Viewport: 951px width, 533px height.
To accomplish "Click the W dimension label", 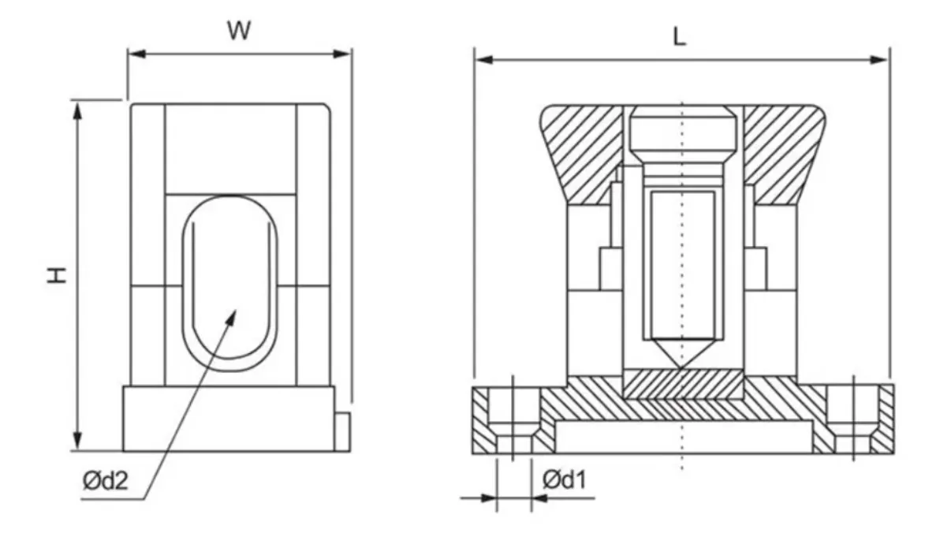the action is [x=239, y=30].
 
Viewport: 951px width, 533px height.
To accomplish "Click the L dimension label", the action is [x=679, y=36].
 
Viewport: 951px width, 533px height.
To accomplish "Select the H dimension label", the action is [x=57, y=275].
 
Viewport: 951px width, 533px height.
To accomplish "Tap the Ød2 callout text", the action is [x=105, y=481].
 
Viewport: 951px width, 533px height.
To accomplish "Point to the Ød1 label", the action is [x=565, y=480].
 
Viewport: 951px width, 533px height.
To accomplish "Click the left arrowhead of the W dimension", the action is [x=136, y=54].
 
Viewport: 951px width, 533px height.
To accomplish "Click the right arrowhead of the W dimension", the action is [x=342, y=54].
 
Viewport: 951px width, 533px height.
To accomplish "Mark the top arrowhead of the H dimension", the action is [x=77, y=111].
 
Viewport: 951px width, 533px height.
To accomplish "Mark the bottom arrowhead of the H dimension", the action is [x=77, y=441].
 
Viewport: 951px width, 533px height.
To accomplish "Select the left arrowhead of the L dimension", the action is [x=484, y=60].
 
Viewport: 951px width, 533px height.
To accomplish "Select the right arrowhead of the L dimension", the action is [x=878, y=60].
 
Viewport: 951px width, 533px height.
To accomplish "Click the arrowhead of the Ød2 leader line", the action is [x=231, y=318].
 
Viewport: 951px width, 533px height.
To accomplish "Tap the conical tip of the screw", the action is [x=682, y=353].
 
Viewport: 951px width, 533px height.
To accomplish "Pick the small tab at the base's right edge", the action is [x=342, y=431].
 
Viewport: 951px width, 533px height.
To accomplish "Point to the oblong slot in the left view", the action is [x=229, y=284].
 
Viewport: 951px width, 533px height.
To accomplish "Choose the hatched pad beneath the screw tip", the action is [x=683, y=385].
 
